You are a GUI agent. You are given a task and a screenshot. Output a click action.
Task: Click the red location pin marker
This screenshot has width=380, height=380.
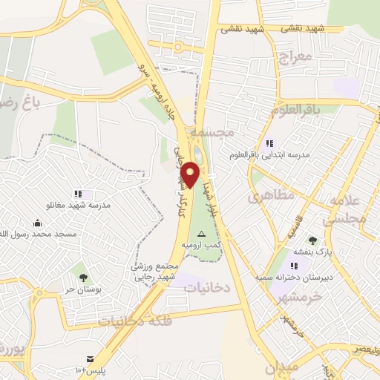191,174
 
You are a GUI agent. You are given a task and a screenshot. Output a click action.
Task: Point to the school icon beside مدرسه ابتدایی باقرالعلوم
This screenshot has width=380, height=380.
269,143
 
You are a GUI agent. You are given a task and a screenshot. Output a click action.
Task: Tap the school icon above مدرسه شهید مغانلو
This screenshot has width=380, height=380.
78,194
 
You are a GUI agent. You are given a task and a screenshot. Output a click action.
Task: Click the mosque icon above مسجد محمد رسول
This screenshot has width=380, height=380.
37,223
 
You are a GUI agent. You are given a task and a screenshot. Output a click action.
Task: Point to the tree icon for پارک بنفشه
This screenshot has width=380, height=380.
312,240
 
